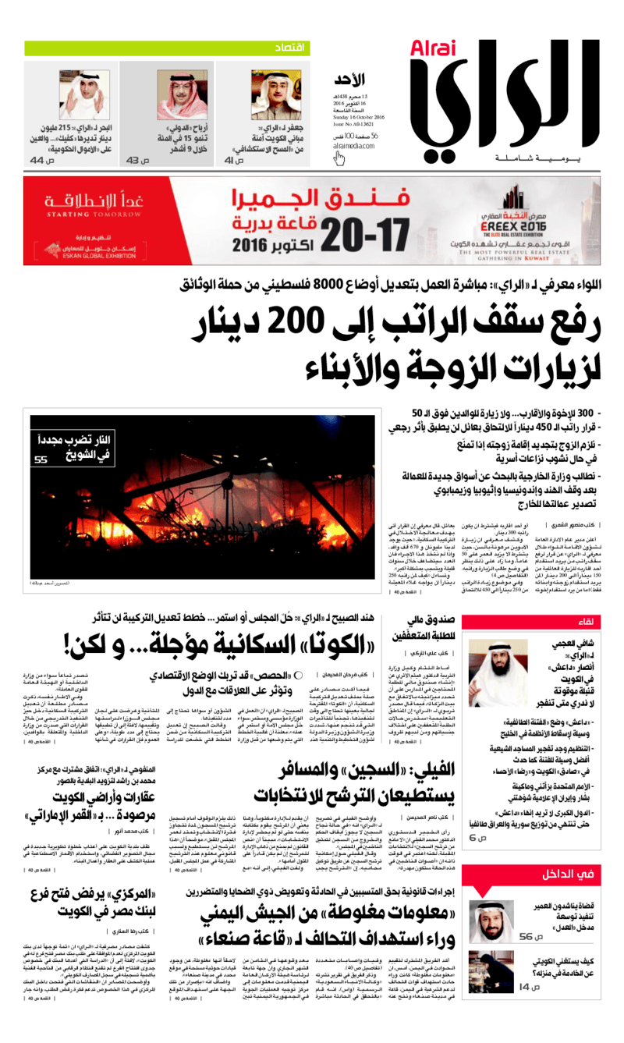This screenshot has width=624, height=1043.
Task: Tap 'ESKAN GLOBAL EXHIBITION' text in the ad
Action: (x=89, y=252)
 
